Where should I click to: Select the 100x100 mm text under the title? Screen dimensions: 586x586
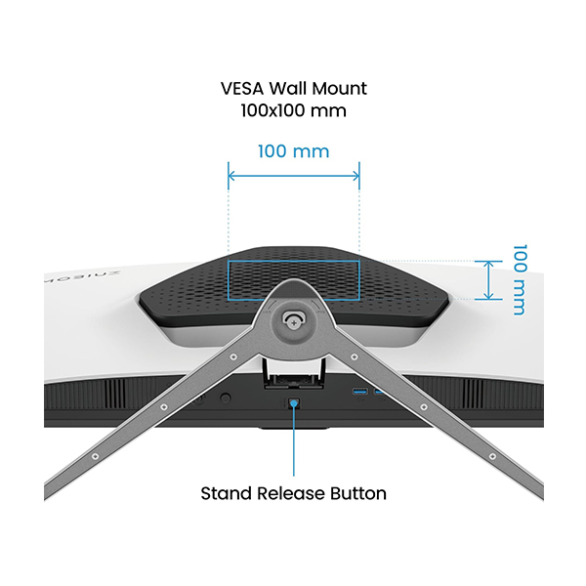(x=293, y=110)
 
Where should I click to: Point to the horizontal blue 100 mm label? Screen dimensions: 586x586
(x=293, y=151)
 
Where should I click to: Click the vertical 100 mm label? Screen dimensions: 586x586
(x=518, y=279)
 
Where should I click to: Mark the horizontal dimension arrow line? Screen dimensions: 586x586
(x=293, y=176)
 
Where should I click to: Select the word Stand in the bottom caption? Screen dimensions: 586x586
(x=223, y=493)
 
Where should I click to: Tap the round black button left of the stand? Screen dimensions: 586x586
(x=228, y=398)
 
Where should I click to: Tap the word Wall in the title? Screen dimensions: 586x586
(x=290, y=89)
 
